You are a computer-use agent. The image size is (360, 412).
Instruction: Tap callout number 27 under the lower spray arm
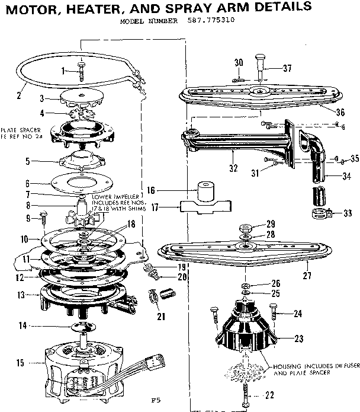point(307,275)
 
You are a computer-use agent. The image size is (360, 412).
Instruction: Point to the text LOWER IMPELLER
point(115,196)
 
